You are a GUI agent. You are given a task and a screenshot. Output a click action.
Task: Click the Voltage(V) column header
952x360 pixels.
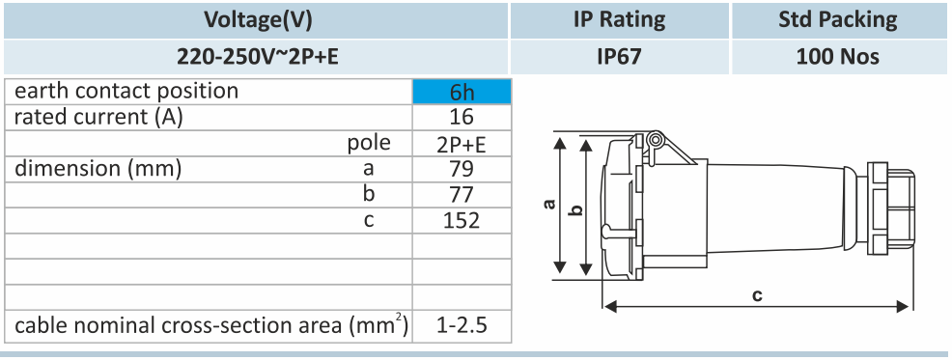click(x=258, y=20)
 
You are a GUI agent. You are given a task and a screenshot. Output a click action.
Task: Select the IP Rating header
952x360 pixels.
click(x=619, y=20)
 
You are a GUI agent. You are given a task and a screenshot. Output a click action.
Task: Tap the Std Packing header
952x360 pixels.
click(x=838, y=20)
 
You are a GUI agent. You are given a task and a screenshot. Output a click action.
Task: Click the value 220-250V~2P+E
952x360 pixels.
click(x=258, y=57)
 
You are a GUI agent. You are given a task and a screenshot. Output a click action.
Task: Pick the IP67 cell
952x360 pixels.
click(x=619, y=57)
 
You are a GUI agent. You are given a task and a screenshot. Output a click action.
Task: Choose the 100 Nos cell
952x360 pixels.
click(x=838, y=57)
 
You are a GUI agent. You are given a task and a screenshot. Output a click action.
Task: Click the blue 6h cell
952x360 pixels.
click(x=462, y=92)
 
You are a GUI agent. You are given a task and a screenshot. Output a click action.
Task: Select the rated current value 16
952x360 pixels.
click(x=462, y=117)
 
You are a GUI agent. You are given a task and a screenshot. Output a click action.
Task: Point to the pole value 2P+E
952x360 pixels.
click(x=462, y=144)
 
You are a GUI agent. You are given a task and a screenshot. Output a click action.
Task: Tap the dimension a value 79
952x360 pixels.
click(x=462, y=168)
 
